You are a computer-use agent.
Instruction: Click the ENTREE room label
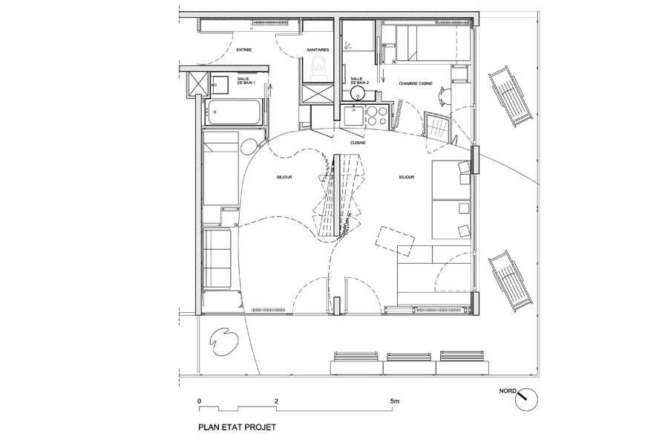tap(243, 50)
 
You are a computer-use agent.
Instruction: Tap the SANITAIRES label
tap(318, 50)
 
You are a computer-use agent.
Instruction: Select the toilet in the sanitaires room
tap(318, 68)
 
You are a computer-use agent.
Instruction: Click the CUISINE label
tap(358, 143)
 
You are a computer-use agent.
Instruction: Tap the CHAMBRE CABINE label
tap(416, 84)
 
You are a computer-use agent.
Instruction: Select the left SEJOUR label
tap(284, 177)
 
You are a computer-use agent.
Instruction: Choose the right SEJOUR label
tap(407, 177)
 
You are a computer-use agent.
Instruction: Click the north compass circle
tap(526, 399)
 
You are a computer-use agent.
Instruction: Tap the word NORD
tap(508, 390)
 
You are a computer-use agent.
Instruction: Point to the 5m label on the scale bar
tap(395, 401)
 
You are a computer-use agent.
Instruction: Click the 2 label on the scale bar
tap(277, 401)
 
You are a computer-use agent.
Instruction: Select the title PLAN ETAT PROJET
tap(238, 427)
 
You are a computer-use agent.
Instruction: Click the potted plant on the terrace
tap(223, 342)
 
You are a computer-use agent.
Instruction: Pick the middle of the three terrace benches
tap(410, 363)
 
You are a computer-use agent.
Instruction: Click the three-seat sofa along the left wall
tap(217, 259)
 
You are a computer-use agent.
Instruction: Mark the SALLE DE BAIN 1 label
tap(243, 81)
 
